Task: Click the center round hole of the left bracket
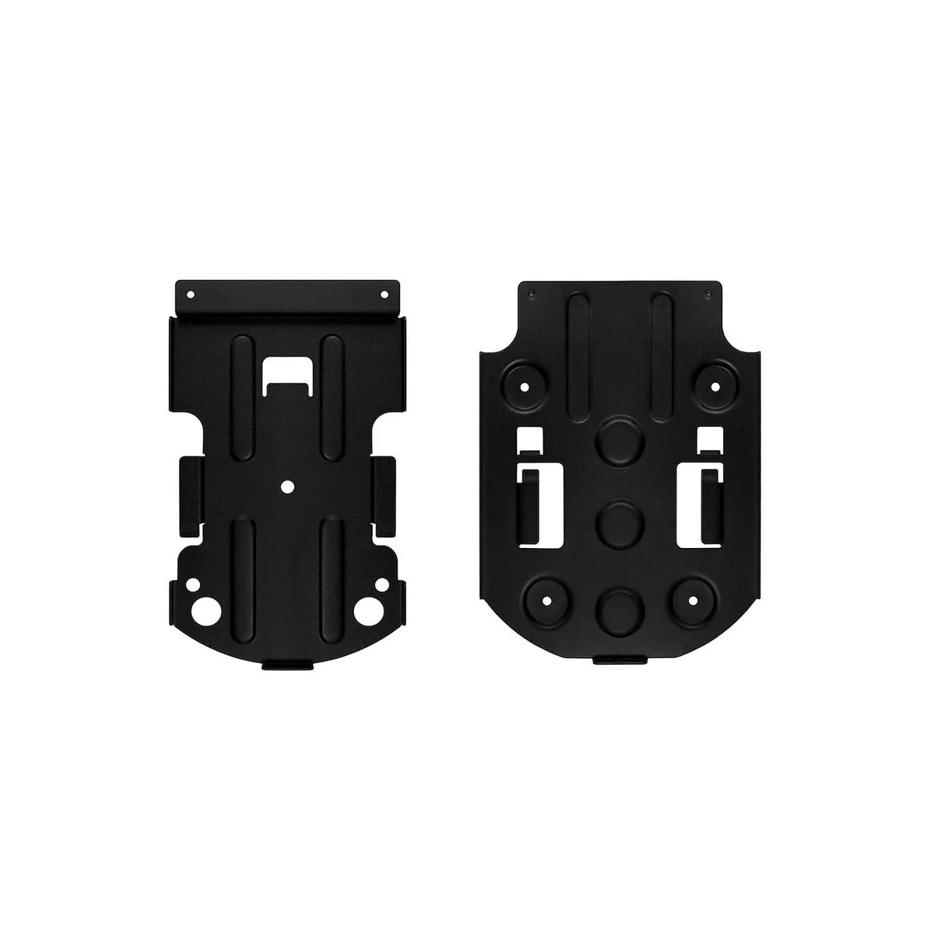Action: pos(287,487)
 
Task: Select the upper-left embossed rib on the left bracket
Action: pos(242,380)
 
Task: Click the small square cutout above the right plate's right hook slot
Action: pos(710,439)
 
